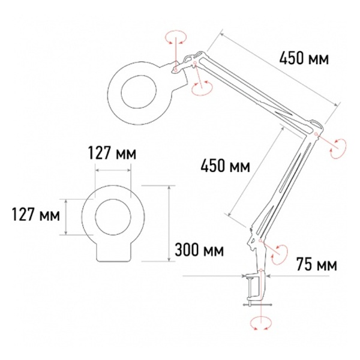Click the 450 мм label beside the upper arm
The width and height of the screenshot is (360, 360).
point(304,59)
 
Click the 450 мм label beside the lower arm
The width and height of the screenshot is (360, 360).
point(226,166)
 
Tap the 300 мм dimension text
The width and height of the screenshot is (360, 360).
point(199,250)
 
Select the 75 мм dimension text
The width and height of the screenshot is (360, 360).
point(317,264)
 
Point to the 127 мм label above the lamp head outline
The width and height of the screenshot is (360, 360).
point(112,153)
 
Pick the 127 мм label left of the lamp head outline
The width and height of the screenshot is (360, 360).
point(36,214)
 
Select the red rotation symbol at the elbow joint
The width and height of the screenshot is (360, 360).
point(338,148)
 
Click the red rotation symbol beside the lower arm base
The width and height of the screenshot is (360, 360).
point(280,254)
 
